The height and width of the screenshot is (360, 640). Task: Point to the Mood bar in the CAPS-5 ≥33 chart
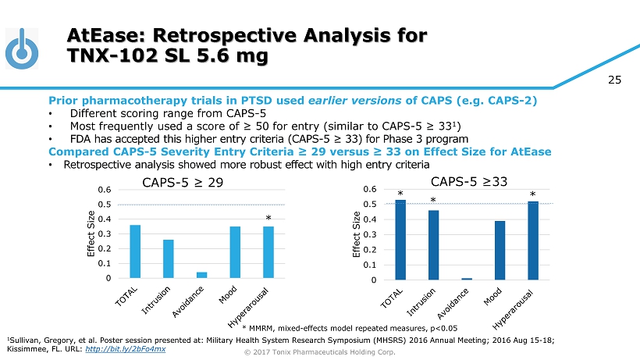pyautogui.click(x=500, y=250)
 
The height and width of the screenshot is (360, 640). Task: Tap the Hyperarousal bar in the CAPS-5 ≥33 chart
pyautogui.click(x=533, y=241)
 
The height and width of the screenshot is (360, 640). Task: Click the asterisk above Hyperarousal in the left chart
pyautogui.click(x=268, y=219)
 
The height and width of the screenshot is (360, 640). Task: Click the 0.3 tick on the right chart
pyautogui.click(x=380, y=234)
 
